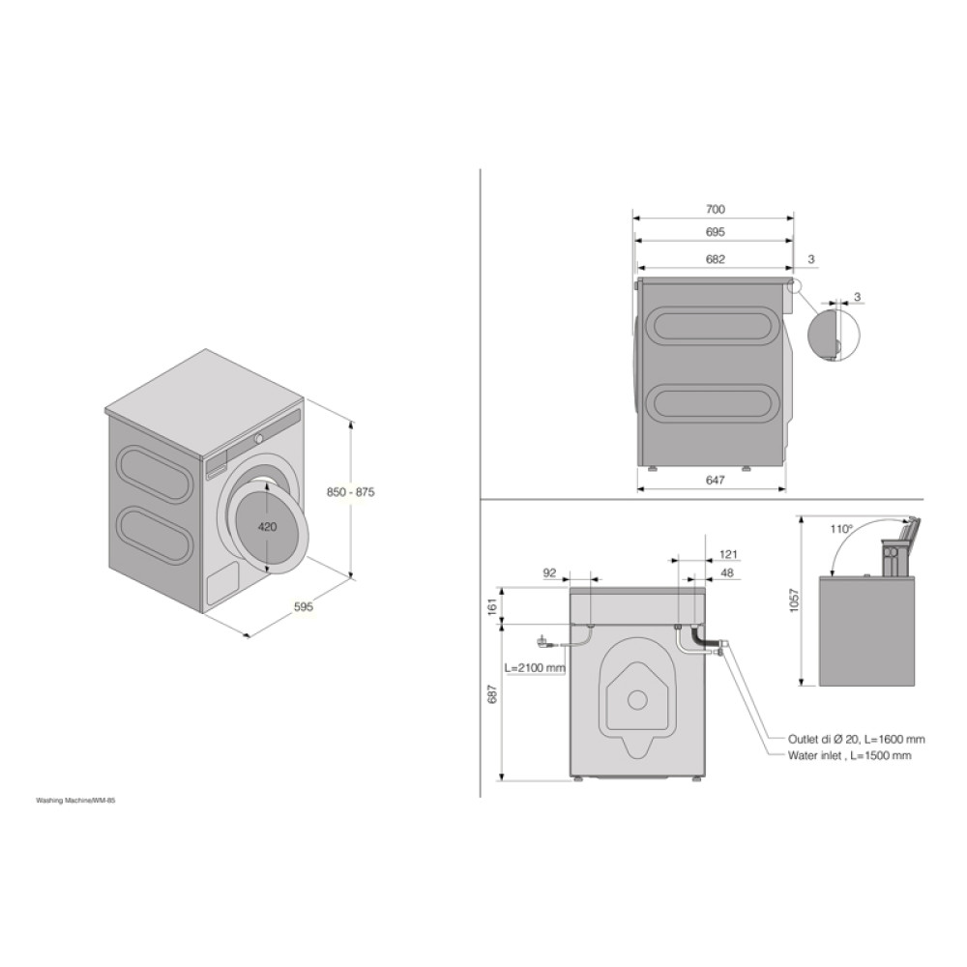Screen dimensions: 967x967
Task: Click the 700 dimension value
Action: [715, 209]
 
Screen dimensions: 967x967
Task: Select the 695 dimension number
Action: [715, 232]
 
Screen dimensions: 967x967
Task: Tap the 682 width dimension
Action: [715, 259]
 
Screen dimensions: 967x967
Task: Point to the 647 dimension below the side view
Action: [715, 480]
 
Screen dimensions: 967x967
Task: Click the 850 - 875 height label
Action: [350, 492]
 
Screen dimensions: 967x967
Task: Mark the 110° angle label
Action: [840, 529]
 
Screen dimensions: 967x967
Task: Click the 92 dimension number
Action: [550, 572]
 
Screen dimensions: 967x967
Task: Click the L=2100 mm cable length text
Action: [535, 667]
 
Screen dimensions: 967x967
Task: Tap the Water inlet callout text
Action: [837, 756]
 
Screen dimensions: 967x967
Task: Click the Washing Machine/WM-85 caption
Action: [81, 802]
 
